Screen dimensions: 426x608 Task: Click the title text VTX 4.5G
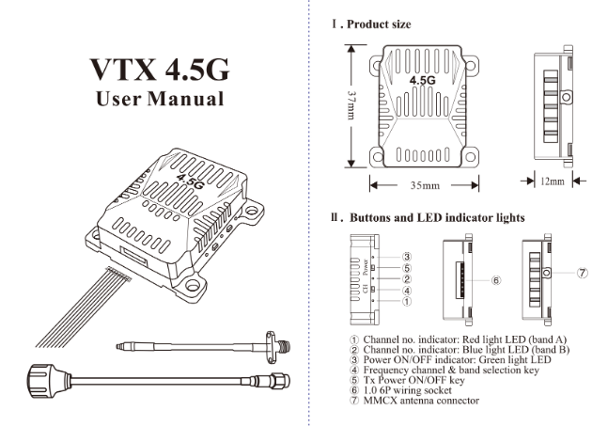coord(156,70)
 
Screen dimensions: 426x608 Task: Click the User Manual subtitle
coord(156,99)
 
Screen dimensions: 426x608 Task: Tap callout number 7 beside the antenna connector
coord(583,274)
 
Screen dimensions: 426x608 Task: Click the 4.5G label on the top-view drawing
coord(422,81)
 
